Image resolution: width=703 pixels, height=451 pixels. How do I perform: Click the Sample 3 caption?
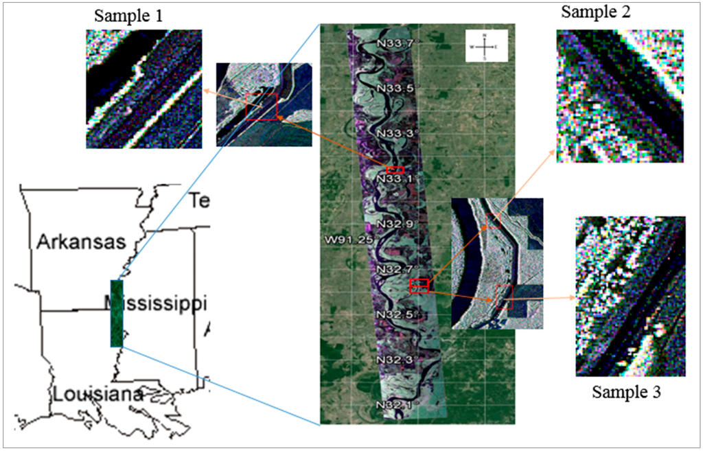628,392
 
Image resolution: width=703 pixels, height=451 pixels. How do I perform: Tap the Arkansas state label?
82,242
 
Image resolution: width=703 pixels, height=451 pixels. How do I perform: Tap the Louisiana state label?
98,394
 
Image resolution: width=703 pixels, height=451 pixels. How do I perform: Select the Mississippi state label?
157,303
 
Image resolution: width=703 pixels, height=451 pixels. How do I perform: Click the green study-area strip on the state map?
116,313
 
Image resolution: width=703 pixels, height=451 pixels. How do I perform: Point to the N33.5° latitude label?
395,89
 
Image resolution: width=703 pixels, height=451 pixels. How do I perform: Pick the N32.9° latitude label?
395,224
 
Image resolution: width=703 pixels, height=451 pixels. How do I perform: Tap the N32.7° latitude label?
395,268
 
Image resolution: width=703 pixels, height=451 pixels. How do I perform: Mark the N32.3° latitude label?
395,359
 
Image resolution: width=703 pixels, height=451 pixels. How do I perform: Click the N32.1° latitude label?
395,404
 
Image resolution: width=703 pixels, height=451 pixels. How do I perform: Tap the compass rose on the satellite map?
485,46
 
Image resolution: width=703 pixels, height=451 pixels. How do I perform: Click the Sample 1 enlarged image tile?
144,89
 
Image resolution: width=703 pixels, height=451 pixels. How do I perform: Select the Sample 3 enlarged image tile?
630,296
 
